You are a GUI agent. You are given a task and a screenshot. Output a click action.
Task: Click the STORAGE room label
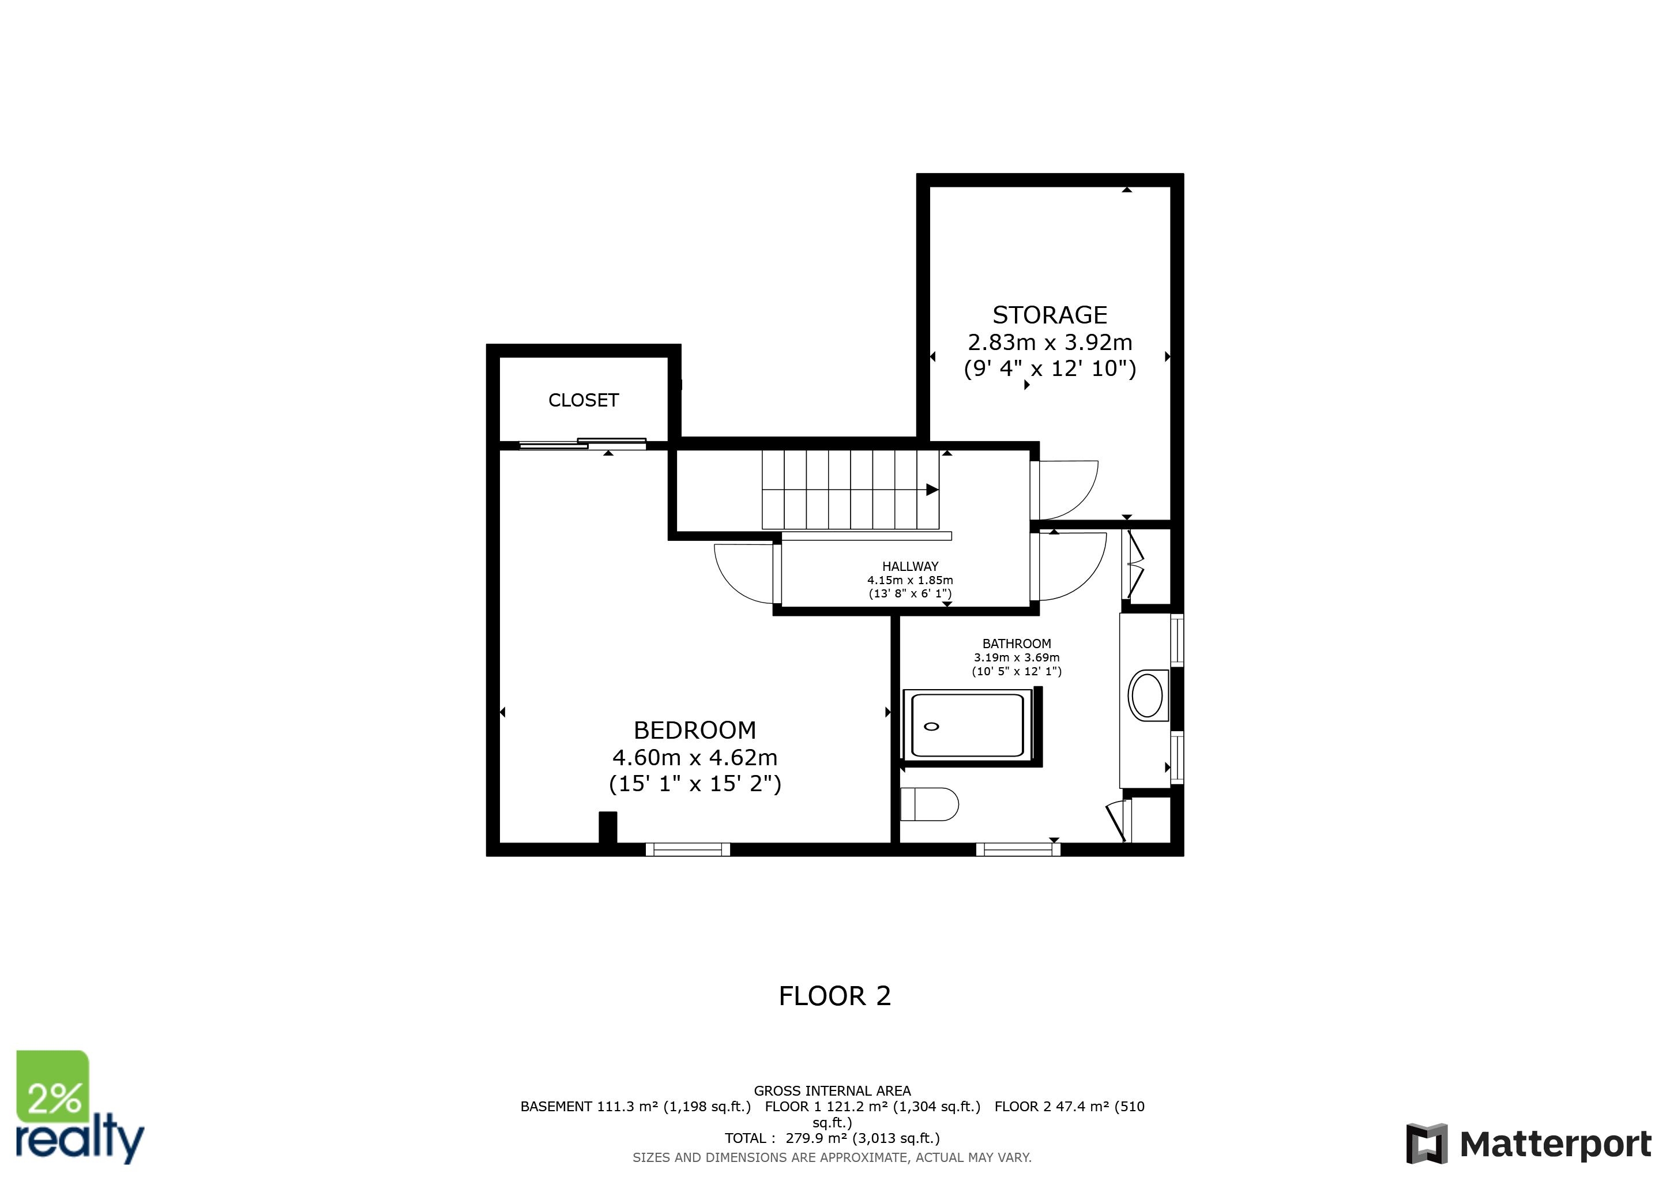(x=1050, y=315)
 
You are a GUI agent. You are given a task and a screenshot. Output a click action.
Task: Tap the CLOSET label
(x=584, y=400)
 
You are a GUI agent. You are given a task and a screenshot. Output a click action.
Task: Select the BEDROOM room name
(x=695, y=730)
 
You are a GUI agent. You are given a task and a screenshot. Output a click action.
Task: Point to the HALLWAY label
(x=910, y=566)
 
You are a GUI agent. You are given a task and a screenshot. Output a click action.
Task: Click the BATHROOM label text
(x=1016, y=644)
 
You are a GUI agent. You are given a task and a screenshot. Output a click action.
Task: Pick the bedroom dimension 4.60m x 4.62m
(x=695, y=758)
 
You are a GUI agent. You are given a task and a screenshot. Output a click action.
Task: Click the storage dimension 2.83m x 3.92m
(x=1050, y=342)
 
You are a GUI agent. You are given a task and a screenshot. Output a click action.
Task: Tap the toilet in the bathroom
(x=930, y=804)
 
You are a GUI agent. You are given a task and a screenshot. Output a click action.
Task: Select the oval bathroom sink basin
(x=1148, y=696)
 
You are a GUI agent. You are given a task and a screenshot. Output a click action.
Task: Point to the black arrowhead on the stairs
(x=932, y=490)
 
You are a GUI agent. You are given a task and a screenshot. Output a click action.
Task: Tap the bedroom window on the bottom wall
(x=687, y=849)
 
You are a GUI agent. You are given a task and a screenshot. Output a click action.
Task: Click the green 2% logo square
(x=53, y=1086)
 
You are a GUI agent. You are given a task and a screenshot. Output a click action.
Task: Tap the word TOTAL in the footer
(x=745, y=1139)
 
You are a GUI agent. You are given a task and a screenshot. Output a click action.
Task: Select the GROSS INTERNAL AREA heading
(x=832, y=1091)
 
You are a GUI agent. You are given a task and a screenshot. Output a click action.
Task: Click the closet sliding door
(x=582, y=443)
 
